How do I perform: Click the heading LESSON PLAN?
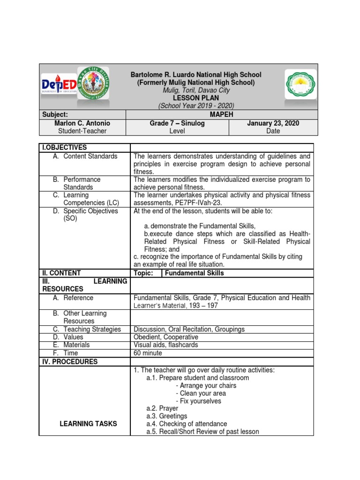(x=196, y=98)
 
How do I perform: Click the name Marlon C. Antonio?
(x=82, y=123)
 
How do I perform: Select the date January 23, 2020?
(x=273, y=123)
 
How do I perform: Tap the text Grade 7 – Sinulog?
(x=177, y=123)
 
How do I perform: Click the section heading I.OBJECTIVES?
(x=65, y=148)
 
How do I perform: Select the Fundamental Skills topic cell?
(x=195, y=273)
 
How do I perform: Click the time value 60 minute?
(x=148, y=353)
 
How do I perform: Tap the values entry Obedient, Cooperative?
(x=165, y=337)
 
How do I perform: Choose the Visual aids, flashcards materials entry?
(x=165, y=345)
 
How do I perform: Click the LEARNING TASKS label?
(x=89, y=424)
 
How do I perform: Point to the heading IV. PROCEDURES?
(x=70, y=362)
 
